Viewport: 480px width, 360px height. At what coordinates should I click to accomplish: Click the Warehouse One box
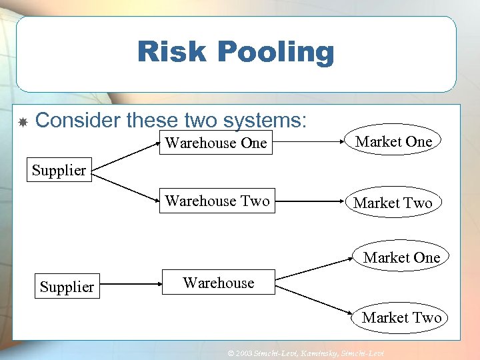216,143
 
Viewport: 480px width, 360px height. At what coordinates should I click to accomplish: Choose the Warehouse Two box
217,201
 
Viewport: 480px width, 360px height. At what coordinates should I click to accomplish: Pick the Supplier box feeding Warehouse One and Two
59,170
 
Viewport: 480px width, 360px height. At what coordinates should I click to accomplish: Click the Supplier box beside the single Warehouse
67,287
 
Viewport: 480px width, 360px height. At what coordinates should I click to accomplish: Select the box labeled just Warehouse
218,283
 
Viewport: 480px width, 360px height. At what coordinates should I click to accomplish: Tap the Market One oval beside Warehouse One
393,141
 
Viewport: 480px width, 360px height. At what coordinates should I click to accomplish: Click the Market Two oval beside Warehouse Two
393,203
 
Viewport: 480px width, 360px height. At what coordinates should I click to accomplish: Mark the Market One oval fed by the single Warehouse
401,257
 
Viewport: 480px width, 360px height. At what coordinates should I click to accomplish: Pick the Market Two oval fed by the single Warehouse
401,318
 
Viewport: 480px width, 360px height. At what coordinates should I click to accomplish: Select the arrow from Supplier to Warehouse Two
125,186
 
